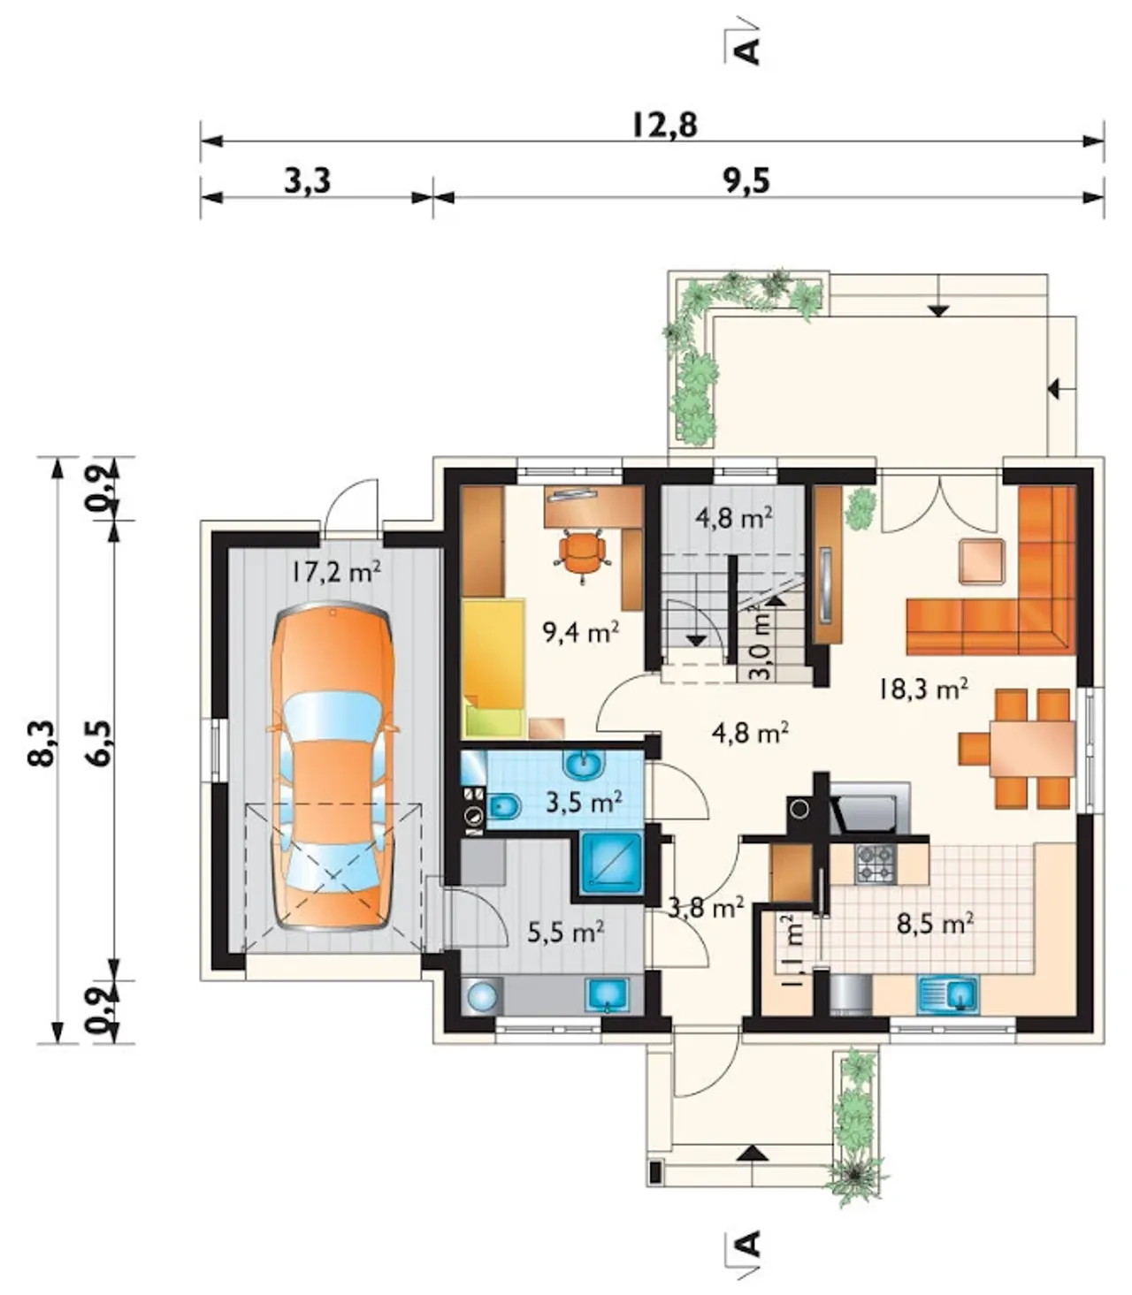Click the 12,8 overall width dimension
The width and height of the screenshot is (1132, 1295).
[664, 125]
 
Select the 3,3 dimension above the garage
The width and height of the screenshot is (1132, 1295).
[308, 182]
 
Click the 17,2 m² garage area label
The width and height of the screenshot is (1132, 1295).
[335, 572]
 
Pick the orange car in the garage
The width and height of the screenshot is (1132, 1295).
[333, 766]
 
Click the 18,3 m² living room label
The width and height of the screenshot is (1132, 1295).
[922, 688]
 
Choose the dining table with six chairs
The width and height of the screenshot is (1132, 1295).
[1018, 750]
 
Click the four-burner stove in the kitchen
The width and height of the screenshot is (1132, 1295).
[876, 865]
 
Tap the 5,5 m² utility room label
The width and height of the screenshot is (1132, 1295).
[565, 931]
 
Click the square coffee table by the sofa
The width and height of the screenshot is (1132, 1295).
[982, 560]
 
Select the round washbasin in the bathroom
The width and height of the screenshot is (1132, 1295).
[585, 766]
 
